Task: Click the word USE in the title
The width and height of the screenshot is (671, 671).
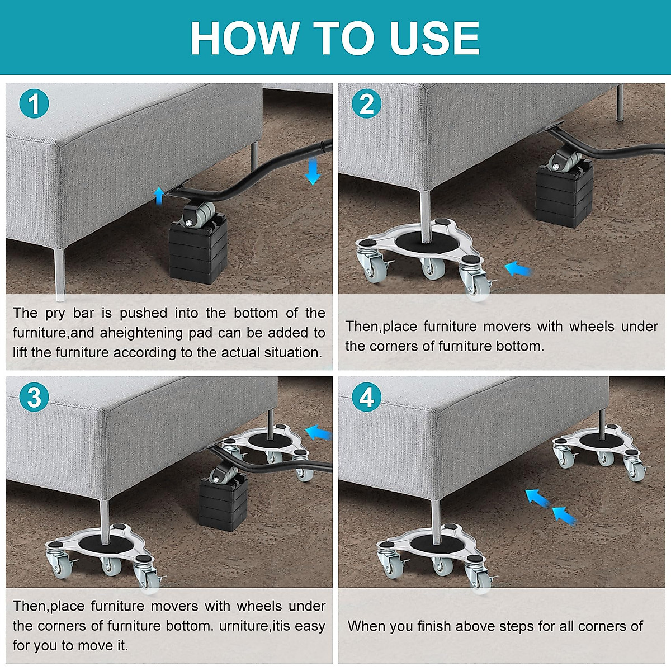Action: [x=435, y=38]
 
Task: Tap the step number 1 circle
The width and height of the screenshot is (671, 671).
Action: [x=34, y=103]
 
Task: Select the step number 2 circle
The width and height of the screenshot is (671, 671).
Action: [x=367, y=103]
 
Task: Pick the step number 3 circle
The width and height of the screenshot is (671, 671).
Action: [x=34, y=398]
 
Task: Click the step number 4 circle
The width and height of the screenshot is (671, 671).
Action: [x=367, y=398]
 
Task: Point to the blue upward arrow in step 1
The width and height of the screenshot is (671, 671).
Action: [x=159, y=195]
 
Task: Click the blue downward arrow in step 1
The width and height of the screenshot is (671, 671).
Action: [x=313, y=171]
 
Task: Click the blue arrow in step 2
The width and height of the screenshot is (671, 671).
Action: [x=518, y=270]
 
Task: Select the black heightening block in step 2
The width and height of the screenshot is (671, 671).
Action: [x=564, y=195]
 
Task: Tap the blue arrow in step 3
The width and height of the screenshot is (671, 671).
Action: [x=318, y=432]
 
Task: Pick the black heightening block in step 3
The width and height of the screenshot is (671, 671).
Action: [x=223, y=504]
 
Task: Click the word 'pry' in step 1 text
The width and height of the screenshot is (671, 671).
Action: [x=55, y=313]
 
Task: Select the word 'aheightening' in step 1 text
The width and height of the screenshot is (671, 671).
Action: [x=141, y=333]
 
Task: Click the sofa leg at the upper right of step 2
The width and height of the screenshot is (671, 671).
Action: [x=620, y=102]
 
